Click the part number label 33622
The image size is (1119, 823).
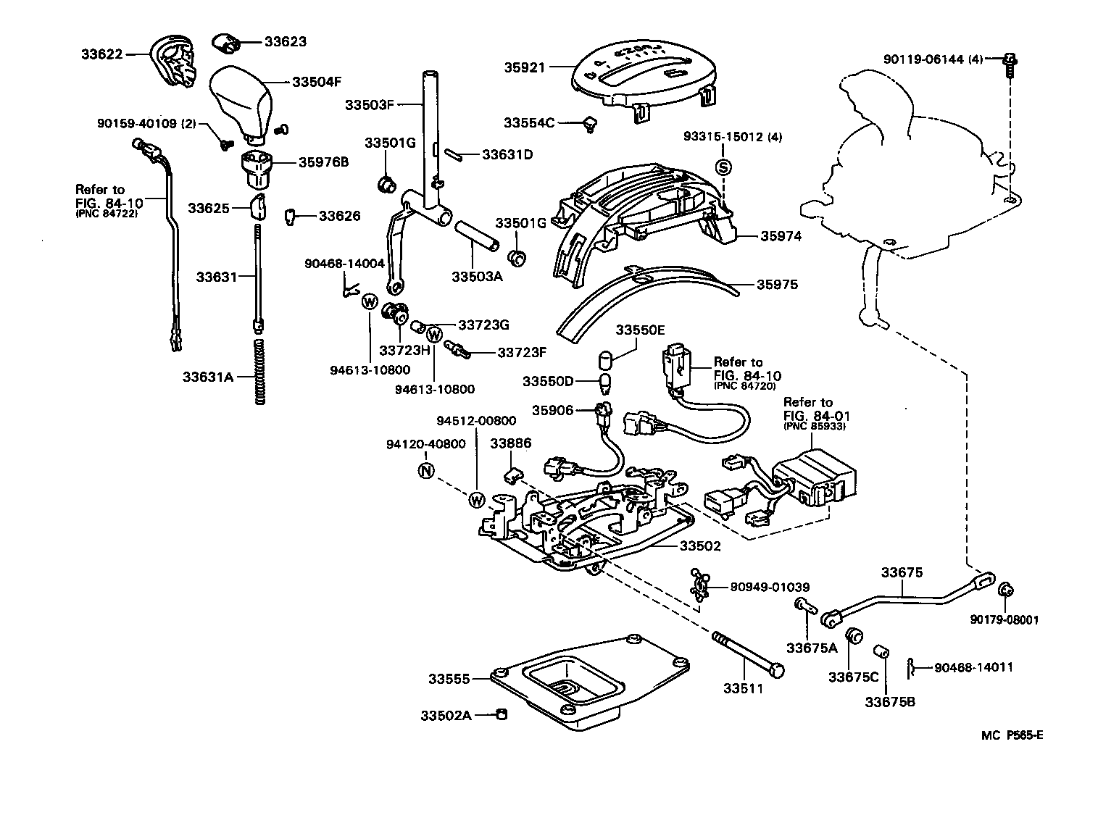[101, 54]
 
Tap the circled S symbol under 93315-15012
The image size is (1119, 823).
[724, 167]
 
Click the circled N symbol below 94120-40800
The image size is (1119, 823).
[426, 471]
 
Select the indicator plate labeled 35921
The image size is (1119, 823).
[646, 72]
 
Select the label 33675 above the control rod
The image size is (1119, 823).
[902, 572]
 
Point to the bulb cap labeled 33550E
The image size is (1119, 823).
[605, 360]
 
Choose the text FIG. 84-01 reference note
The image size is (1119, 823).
[816, 416]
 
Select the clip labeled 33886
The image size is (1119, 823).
[513, 474]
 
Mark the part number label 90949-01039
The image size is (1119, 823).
[770, 587]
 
